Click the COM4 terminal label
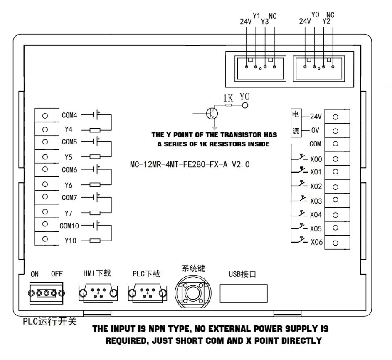[x=69, y=115]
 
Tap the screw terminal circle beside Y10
[x=45, y=239]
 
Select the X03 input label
[x=316, y=201]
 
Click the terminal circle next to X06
[x=335, y=243]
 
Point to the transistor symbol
[x=212, y=113]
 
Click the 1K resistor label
[x=228, y=98]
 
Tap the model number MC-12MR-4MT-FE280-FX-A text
[x=179, y=164]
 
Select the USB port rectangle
[x=244, y=293]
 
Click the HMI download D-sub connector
[x=98, y=293]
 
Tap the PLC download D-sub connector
[x=148, y=293]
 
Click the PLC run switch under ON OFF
[x=46, y=293]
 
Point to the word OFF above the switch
[x=57, y=274]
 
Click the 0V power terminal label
[x=315, y=130]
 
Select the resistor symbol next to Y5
[x=95, y=157]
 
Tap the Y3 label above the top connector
[x=265, y=22]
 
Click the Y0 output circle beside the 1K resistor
[x=245, y=105]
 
